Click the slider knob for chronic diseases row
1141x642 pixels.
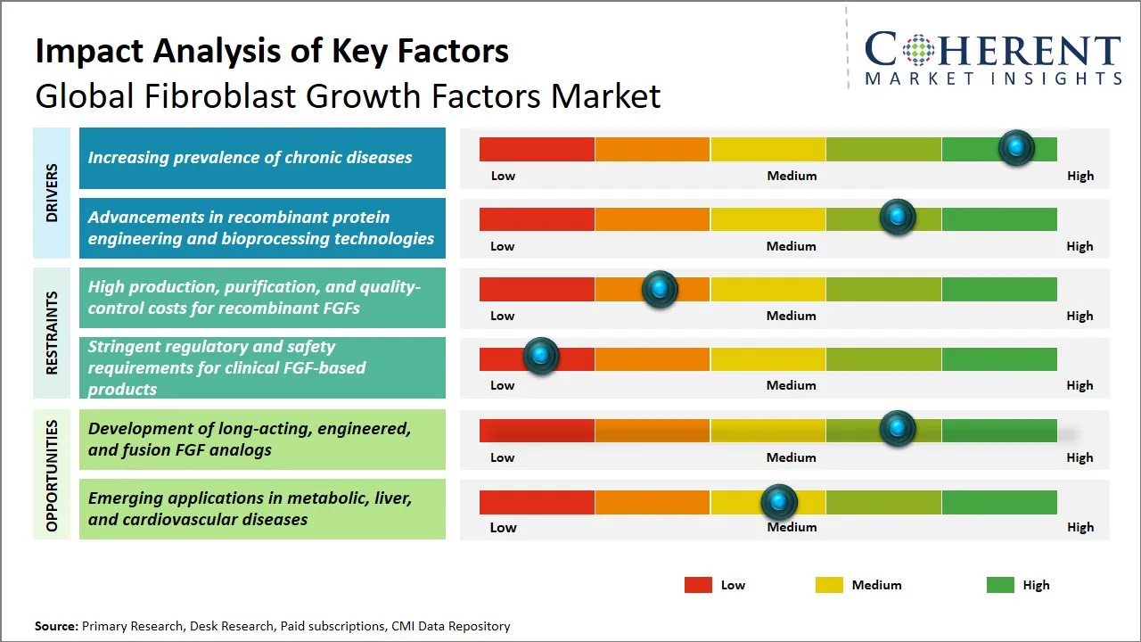tap(1016, 147)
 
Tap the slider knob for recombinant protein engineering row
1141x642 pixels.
tap(898, 218)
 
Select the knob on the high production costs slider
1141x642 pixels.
tap(660, 288)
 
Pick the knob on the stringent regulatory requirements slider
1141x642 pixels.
tap(540, 357)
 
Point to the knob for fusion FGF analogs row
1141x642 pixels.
tap(898, 429)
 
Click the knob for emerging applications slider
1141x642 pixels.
tap(779, 502)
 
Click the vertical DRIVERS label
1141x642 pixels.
tap(52, 193)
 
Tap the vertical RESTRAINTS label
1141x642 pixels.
tap(52, 333)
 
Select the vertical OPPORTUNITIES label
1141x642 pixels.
tap(52, 475)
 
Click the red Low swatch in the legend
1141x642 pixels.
tap(698, 585)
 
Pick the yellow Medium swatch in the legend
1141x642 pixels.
tap(829, 585)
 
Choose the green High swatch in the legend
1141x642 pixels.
tap(1000, 585)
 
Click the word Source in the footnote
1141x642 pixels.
tap(55, 626)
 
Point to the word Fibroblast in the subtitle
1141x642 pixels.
tap(213, 95)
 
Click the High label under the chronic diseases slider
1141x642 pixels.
tap(1079, 176)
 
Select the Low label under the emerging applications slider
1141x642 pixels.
tap(503, 527)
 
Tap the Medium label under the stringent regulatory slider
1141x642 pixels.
tap(792, 385)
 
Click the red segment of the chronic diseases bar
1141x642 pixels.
tap(537, 149)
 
